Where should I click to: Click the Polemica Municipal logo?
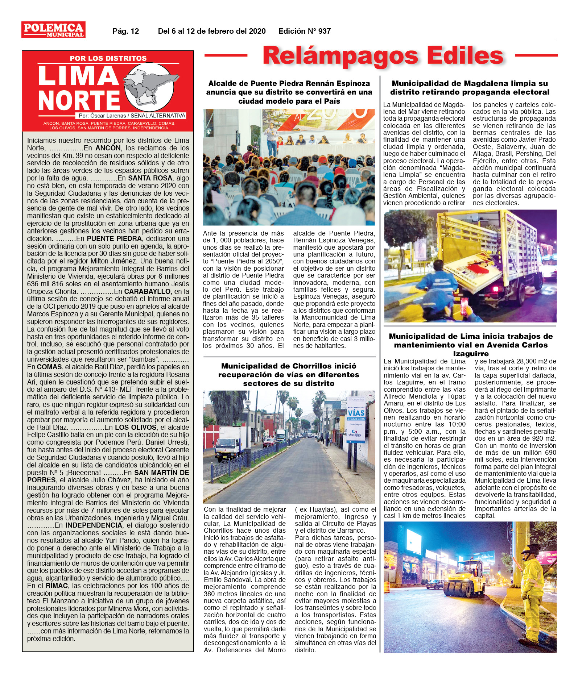[53, 30]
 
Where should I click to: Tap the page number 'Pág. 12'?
[125, 31]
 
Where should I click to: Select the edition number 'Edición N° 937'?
[304, 31]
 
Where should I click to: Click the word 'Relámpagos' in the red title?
[340, 56]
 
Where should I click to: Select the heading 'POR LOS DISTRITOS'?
[108, 58]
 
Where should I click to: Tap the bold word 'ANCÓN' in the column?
[108, 148]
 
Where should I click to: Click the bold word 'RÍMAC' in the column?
[57, 586]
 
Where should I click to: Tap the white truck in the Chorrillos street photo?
[228, 444]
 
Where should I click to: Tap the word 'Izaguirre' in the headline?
[470, 354]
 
